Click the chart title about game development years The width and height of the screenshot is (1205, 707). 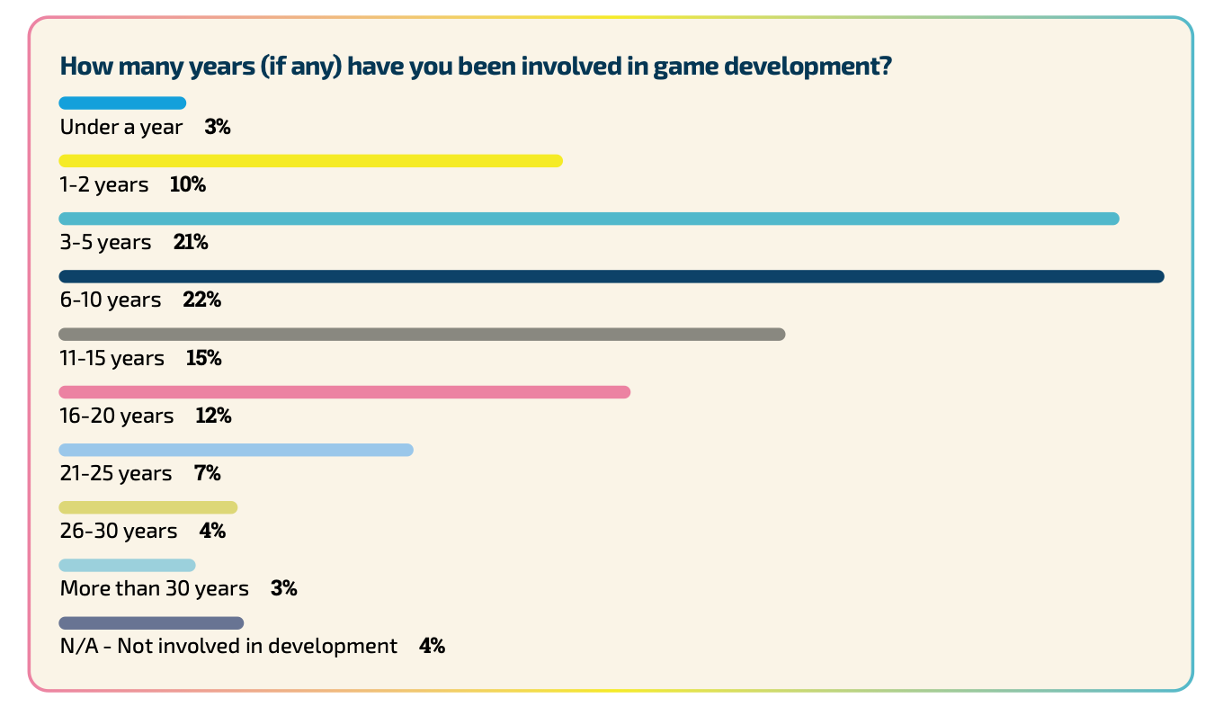[x=475, y=67]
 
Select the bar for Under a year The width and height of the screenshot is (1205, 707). [x=122, y=103]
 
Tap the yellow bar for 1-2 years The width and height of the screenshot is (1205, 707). [x=310, y=161]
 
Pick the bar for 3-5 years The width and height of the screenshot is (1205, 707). [x=589, y=219]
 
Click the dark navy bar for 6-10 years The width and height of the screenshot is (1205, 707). [x=611, y=276]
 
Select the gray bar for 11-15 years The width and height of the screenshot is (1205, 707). [x=422, y=335]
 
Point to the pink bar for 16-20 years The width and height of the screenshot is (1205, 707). [x=344, y=392]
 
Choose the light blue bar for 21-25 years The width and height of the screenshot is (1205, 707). [x=236, y=450]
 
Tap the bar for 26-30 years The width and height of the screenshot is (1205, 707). [x=148, y=507]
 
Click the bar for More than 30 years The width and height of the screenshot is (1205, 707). [x=127, y=566]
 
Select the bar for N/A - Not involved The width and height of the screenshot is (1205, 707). [x=151, y=623]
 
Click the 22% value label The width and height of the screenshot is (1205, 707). [x=201, y=300]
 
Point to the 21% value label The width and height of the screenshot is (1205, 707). [x=191, y=243]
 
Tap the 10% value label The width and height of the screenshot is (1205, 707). [x=188, y=185]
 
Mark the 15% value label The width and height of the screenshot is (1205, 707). [x=203, y=358]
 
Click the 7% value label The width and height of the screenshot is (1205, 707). [x=207, y=473]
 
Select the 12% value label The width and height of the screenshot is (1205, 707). [x=213, y=416]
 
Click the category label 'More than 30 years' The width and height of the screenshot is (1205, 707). [x=154, y=589]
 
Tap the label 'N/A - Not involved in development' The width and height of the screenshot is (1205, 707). [x=228, y=647]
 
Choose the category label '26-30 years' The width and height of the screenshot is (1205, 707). [x=119, y=532]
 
